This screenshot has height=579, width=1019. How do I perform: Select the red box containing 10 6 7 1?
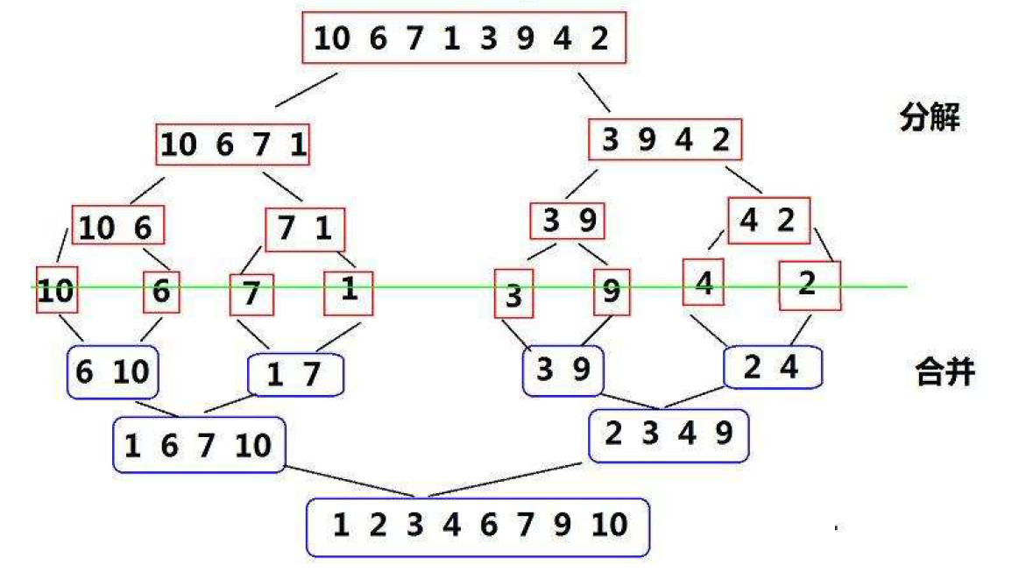tap(234, 145)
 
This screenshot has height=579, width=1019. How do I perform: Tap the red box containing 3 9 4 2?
tap(666, 140)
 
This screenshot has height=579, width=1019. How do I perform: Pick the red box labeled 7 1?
tap(305, 229)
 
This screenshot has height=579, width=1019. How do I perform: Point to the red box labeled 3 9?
tap(568, 220)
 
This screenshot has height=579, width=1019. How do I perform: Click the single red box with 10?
tap(56, 289)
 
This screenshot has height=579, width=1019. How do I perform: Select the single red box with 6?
tap(161, 291)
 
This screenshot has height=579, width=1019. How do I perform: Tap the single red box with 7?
tap(251, 294)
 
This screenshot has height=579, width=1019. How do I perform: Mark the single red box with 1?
tap(349, 291)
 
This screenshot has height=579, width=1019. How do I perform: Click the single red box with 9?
tap(612, 292)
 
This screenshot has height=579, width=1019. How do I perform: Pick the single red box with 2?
tap(810, 285)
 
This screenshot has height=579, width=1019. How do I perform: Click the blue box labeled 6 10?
tap(112, 372)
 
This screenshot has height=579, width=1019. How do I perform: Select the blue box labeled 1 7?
tap(296, 376)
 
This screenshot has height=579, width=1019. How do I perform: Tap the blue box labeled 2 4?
tap(773, 367)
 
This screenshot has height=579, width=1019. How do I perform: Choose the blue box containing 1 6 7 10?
tap(199, 445)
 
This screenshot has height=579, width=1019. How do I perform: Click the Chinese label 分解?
tap(930, 118)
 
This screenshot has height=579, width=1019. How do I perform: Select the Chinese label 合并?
tap(945, 374)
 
